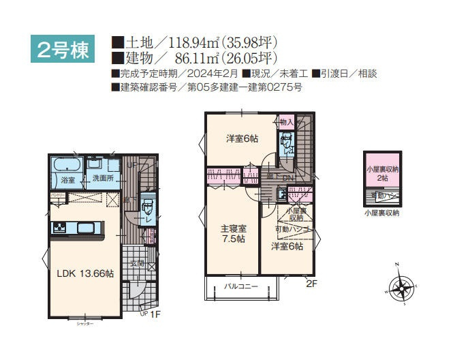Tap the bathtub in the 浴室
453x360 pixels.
(66, 167)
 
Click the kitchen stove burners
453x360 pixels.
(57, 227)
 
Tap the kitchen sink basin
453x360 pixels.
(85, 227)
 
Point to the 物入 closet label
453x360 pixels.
(286, 123)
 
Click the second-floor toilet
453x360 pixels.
(286, 145)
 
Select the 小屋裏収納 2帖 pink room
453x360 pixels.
(381, 172)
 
